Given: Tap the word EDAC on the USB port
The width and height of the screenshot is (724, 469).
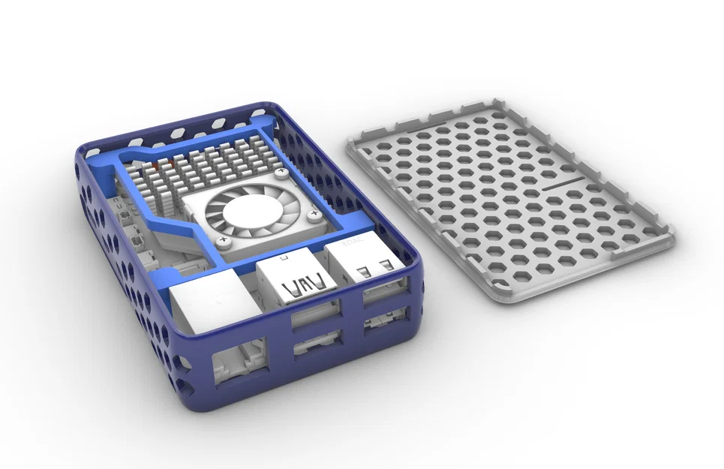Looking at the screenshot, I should point(352,244).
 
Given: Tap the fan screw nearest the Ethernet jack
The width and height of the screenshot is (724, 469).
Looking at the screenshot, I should point(223,241).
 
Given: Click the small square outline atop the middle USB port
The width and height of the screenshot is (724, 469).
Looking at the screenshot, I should point(281,259).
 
